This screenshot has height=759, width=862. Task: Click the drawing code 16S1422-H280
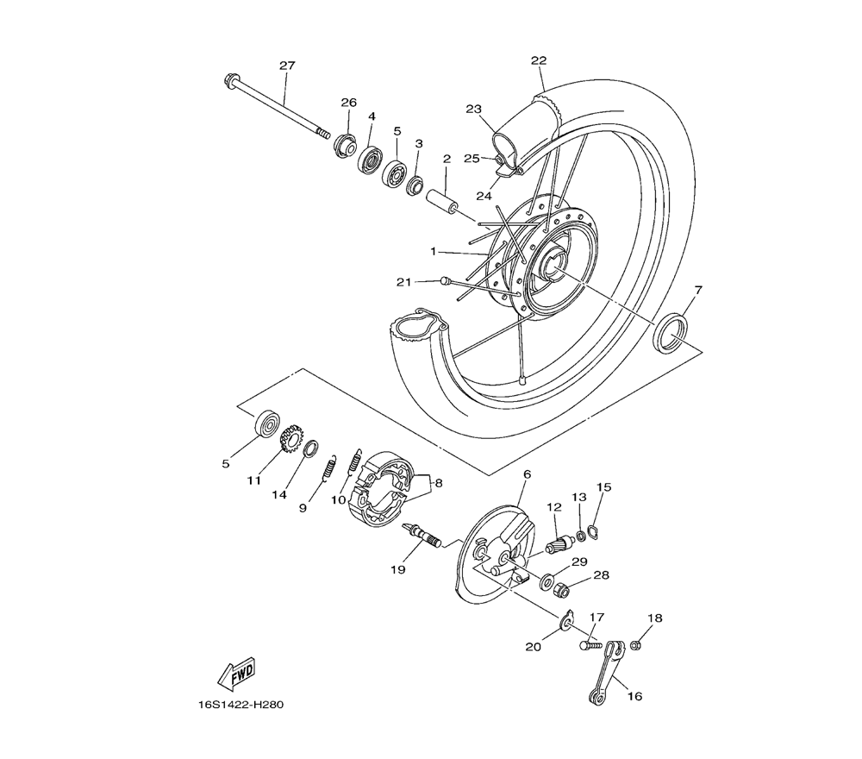pos(240,705)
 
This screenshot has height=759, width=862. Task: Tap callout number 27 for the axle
pos(287,66)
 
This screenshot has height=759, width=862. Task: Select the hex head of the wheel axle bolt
pos(232,84)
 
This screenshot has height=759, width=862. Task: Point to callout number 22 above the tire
pos(539,60)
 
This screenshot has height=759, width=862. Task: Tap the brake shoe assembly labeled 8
pos(379,489)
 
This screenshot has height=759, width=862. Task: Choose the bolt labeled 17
pos(589,644)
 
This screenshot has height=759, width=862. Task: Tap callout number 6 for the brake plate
pos(526,474)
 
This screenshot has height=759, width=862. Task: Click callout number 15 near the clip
pos(603,487)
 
